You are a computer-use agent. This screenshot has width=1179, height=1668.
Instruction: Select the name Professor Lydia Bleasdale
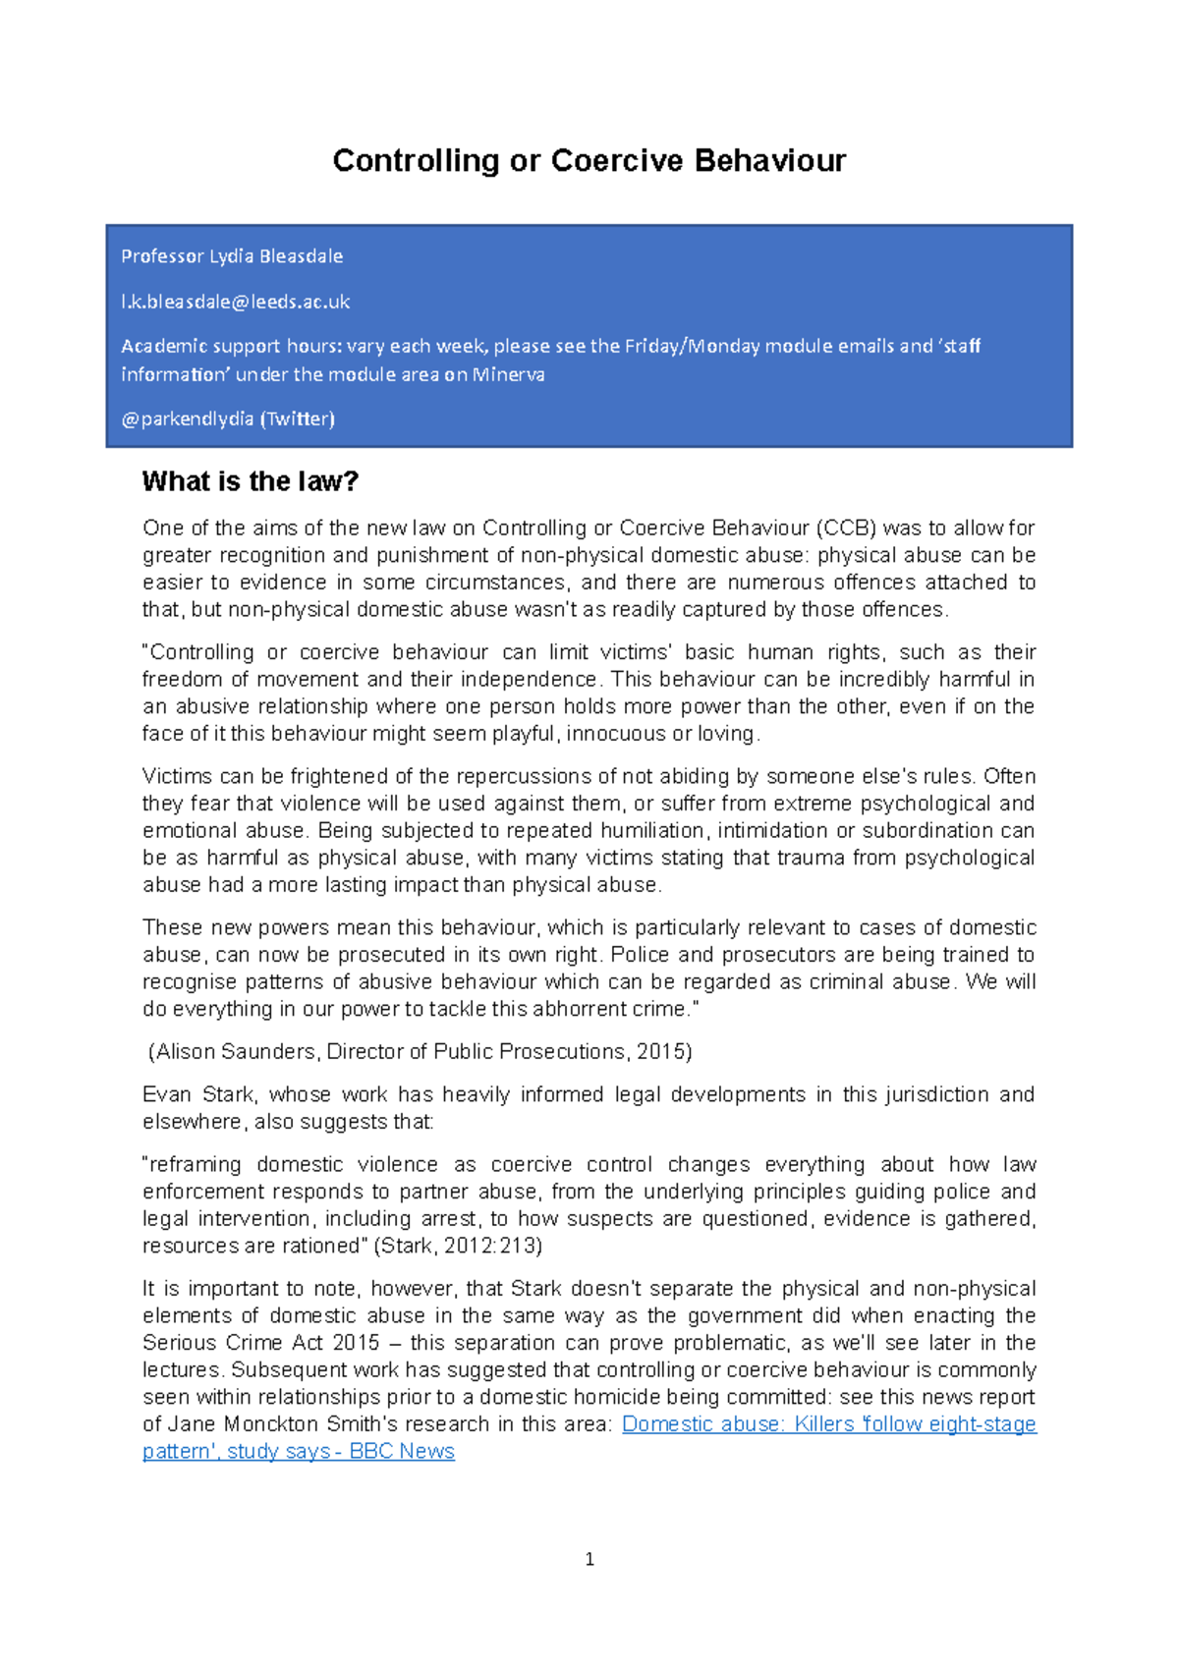pyautogui.click(x=232, y=256)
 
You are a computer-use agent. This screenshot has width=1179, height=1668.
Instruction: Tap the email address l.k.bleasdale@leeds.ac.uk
pyautogui.click(x=235, y=302)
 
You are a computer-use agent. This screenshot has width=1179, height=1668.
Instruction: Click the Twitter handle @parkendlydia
pyautogui.click(x=187, y=418)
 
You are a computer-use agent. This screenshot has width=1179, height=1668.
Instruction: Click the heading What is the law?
pyautogui.click(x=251, y=481)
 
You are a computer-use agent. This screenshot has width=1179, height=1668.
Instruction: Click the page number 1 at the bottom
pyautogui.click(x=589, y=1559)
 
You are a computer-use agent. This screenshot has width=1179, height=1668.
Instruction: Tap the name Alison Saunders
pyautogui.click(x=236, y=1051)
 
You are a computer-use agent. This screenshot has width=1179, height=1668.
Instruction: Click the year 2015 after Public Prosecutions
pyautogui.click(x=662, y=1051)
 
